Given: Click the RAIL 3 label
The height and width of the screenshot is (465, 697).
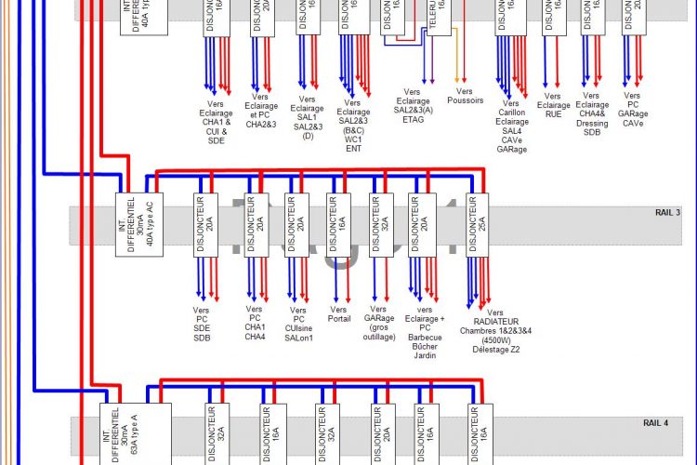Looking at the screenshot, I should click(x=667, y=213).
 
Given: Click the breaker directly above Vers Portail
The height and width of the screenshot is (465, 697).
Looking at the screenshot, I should click(x=338, y=223).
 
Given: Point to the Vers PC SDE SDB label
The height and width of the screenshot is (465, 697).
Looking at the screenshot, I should click(x=203, y=321).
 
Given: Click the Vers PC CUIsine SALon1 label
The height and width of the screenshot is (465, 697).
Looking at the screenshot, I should click(x=297, y=322).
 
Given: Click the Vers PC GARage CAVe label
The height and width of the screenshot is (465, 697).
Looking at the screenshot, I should click(x=632, y=110).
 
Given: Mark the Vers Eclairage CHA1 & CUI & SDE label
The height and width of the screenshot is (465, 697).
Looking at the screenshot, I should click(x=216, y=121).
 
